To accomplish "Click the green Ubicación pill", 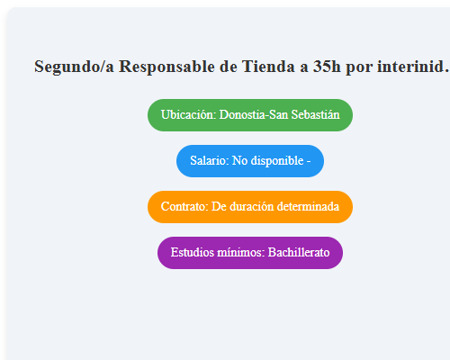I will click(x=249, y=115).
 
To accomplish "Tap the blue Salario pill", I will click(x=249, y=161).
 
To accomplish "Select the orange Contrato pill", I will click(x=249, y=207).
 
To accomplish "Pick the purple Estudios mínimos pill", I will click(x=249, y=253).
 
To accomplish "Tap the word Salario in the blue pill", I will click(x=209, y=161).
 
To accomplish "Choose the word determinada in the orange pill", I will click(x=308, y=207).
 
